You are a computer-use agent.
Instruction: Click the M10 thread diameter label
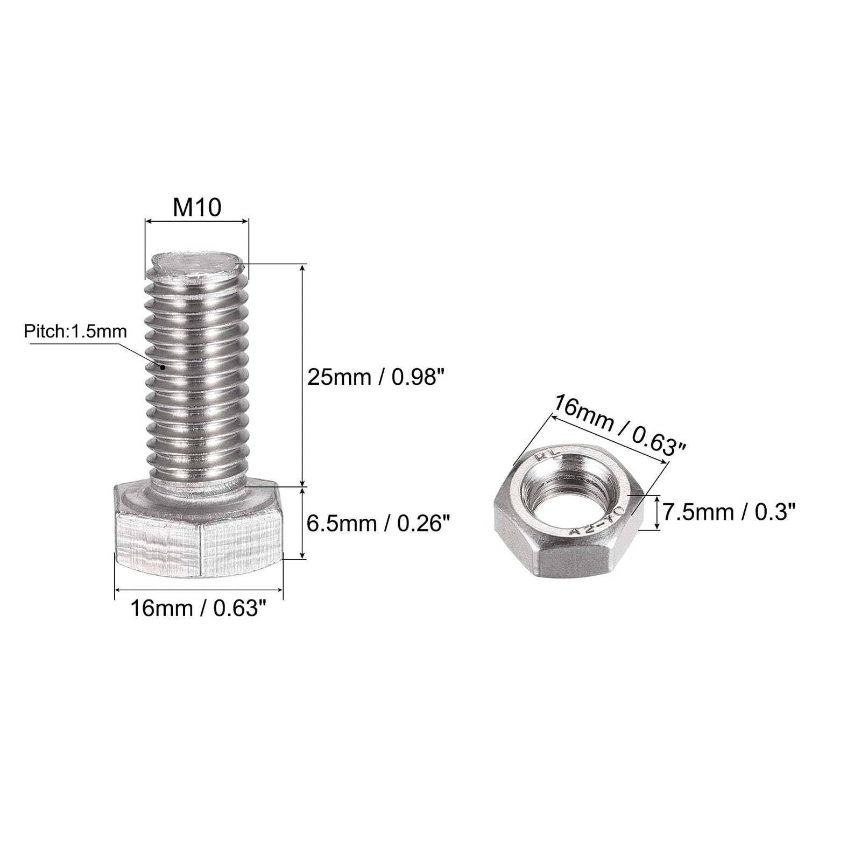pos(197,207)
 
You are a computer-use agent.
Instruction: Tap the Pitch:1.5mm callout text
pos(75,331)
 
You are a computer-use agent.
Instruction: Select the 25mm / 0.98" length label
pos(377,377)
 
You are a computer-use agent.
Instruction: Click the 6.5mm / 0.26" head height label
pos(378,523)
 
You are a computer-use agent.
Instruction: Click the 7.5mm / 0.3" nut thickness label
pos(729,511)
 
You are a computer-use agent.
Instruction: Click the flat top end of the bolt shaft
pos(197,264)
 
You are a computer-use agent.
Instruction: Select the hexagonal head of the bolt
pos(199,530)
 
